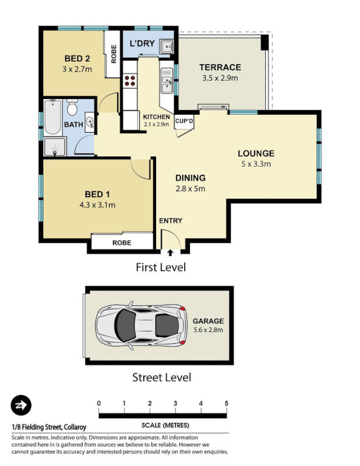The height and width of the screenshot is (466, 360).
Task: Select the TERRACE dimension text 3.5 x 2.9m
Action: click(220, 77)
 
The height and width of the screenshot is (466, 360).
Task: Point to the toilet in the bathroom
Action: click(73, 108)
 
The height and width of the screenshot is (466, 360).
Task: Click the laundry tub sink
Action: click(167, 45)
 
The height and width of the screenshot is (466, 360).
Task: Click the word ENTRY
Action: click(170, 221)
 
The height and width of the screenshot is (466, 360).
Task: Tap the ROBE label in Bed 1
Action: click(122, 243)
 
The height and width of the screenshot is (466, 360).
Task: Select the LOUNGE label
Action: click(256, 154)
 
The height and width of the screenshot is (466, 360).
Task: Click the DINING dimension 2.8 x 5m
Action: click(190, 188)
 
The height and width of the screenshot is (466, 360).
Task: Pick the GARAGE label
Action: click(208, 321)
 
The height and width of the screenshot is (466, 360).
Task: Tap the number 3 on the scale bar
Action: click(175, 403)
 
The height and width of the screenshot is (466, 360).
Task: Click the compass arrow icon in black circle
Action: click(21, 405)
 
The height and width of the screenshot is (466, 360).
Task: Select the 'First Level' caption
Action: click(160, 267)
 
